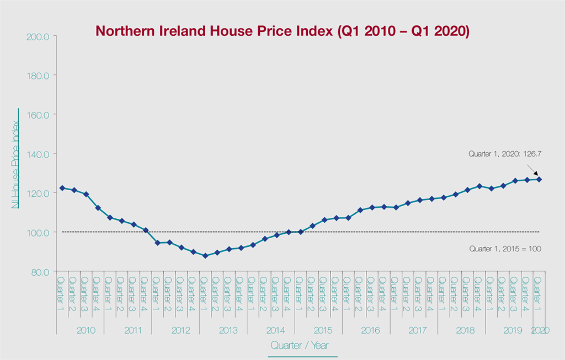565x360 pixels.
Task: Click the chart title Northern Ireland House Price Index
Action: click(x=282, y=31)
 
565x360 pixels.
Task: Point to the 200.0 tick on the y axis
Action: click(x=38, y=36)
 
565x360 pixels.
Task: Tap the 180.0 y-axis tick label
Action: click(x=38, y=76)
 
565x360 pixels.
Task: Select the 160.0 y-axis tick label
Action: click(x=38, y=115)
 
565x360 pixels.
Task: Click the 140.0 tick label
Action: click(x=38, y=154)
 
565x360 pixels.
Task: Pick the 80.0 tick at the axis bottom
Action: click(x=40, y=271)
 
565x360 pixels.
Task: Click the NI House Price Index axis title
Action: click(x=16, y=158)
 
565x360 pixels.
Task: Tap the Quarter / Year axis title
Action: click(x=302, y=345)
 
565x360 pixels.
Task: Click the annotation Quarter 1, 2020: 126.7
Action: click(x=504, y=154)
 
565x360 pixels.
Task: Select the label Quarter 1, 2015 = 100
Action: click(x=505, y=249)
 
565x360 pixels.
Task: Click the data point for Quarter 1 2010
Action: click(x=62, y=188)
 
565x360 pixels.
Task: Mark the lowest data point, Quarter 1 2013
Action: click(x=205, y=256)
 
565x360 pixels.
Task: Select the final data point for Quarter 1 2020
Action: click(x=539, y=179)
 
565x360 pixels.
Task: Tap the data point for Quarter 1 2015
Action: click(x=301, y=232)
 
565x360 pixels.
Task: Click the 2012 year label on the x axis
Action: click(x=181, y=330)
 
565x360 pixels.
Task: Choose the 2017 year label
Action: click(x=418, y=330)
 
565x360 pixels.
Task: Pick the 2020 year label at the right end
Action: click(x=539, y=330)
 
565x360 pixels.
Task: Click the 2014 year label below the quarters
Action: click(x=275, y=330)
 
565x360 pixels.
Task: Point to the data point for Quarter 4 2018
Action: click(x=479, y=186)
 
